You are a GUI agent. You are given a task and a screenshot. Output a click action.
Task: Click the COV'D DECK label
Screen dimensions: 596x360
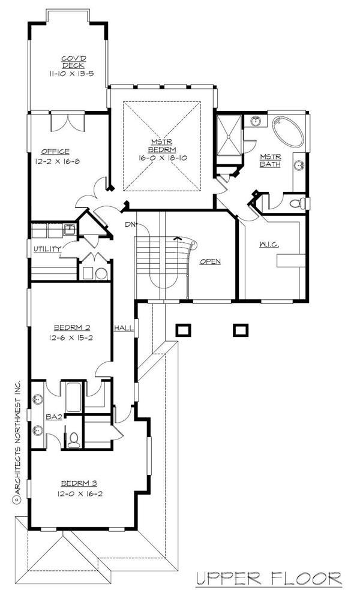click(75, 61)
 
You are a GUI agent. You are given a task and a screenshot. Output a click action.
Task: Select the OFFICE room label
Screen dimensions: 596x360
click(55, 151)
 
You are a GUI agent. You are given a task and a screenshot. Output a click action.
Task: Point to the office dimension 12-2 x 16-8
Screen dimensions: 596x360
click(64, 162)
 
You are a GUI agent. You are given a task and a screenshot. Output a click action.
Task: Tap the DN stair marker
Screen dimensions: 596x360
click(130, 224)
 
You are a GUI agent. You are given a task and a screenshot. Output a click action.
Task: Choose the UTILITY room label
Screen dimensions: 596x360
click(46, 249)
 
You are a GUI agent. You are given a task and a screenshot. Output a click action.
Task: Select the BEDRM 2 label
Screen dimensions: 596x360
click(71, 327)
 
